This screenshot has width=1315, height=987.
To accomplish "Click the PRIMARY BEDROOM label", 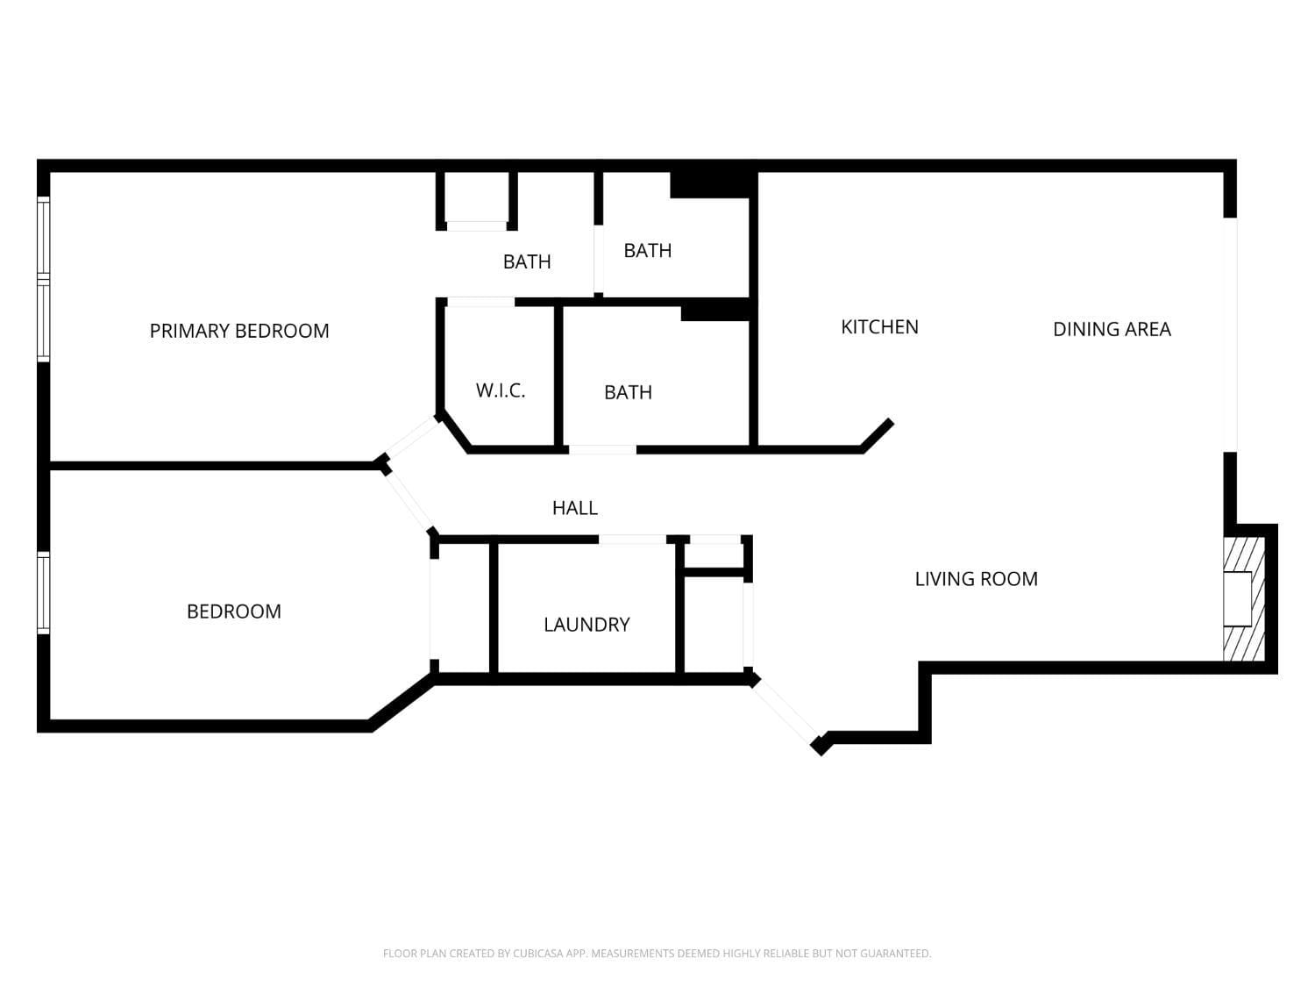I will click(x=239, y=331).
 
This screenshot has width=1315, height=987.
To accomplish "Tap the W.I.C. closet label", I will click(x=501, y=390).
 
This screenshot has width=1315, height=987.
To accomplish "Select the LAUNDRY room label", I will click(x=586, y=625).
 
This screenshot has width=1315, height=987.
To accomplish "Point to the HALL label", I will click(x=575, y=508).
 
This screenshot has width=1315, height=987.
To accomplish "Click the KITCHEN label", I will click(x=879, y=327).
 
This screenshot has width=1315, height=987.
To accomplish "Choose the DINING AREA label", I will click(x=1112, y=329).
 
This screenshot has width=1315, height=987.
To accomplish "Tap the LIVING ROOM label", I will click(x=976, y=579).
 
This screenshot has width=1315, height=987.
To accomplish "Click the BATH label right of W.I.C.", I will click(x=628, y=392).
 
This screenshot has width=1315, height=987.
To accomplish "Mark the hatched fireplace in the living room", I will click(x=1243, y=598).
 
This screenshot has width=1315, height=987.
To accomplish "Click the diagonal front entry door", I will click(x=785, y=710).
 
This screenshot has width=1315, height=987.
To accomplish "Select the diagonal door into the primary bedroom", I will click(x=411, y=438).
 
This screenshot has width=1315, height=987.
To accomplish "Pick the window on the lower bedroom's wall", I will click(x=43, y=593).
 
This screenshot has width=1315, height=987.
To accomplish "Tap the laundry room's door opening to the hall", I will click(x=632, y=539).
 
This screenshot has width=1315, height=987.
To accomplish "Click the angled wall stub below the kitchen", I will click(x=878, y=435).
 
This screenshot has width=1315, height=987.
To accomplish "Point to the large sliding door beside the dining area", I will click(x=1230, y=334).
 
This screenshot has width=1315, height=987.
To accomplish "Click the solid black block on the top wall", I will click(x=713, y=184).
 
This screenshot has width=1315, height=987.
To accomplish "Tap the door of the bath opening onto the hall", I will click(x=602, y=450).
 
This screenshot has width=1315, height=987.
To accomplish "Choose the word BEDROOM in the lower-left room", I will click(x=234, y=612).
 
